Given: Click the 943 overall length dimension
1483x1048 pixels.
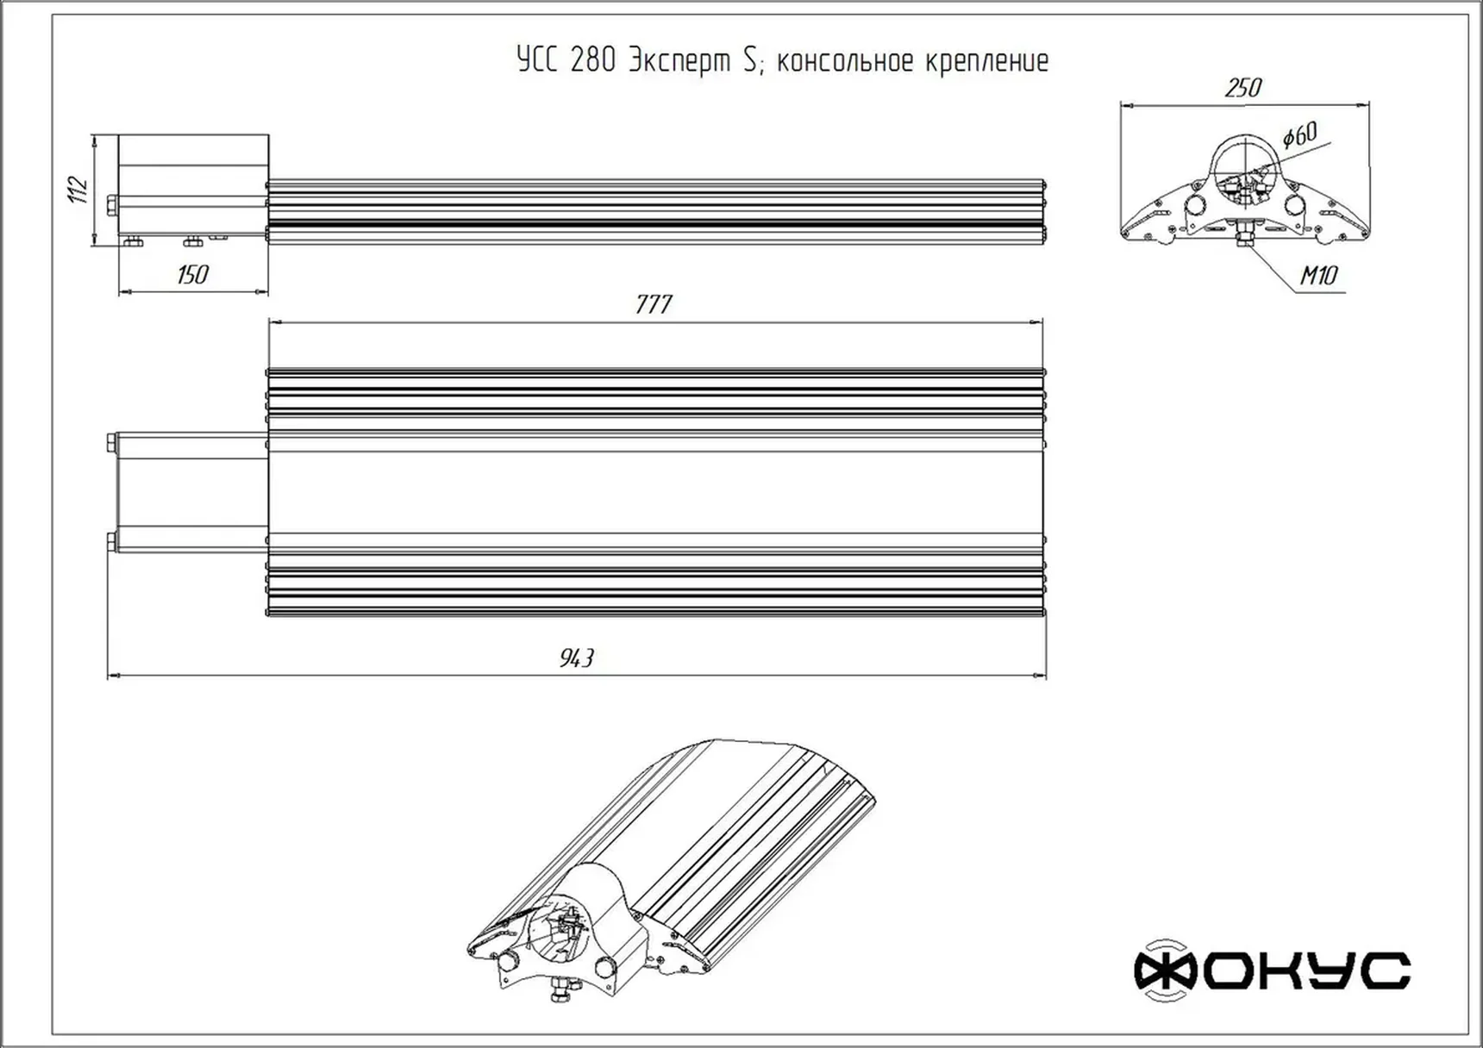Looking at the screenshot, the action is [x=577, y=658].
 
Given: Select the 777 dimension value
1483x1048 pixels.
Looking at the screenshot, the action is [x=654, y=304].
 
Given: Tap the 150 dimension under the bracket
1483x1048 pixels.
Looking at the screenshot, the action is [x=192, y=274].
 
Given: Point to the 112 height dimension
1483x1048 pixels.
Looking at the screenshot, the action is [x=79, y=190].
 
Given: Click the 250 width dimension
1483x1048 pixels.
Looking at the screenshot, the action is [x=1242, y=87].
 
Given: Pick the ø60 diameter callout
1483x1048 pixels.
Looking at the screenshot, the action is [x=1299, y=135].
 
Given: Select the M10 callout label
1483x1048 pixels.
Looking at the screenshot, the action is [x=1318, y=275].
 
